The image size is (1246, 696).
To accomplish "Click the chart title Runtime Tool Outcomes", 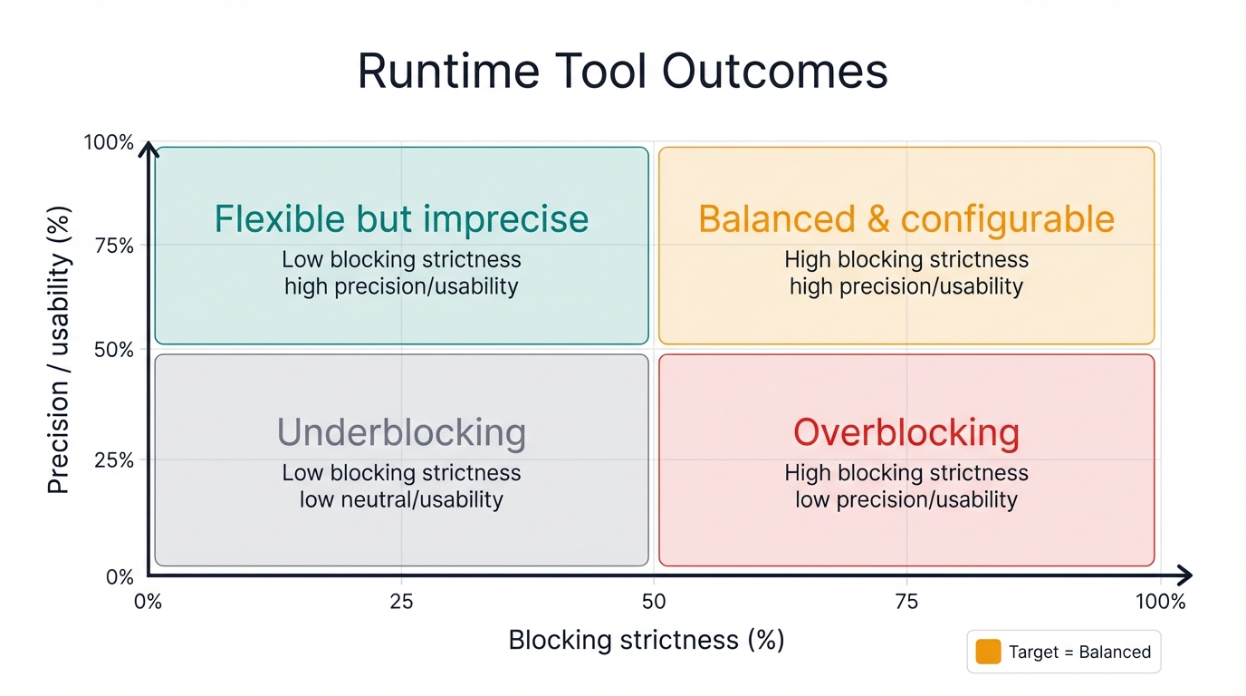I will pyautogui.click(x=623, y=71).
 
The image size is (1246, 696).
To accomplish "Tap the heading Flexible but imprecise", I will pyautogui.click(x=401, y=219).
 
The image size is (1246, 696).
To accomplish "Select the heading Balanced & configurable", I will pyautogui.click(x=906, y=219).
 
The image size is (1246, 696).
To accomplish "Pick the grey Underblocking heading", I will pyautogui.click(x=401, y=432).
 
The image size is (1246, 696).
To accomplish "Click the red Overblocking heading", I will pyautogui.click(x=906, y=432).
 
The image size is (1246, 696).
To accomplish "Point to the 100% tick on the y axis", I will pyautogui.click(x=109, y=143).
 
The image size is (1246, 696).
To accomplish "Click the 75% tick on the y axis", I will pyautogui.click(x=114, y=246).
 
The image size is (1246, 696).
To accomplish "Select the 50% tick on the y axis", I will pyautogui.click(x=114, y=350).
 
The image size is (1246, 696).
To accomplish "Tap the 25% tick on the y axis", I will pyautogui.click(x=114, y=460).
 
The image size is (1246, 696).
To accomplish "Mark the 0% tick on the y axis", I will pyautogui.click(x=119, y=576).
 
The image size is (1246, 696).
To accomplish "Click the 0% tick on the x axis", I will pyautogui.click(x=147, y=602).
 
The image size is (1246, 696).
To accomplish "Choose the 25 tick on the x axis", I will pyautogui.click(x=401, y=602).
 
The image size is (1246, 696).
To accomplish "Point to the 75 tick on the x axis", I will pyautogui.click(x=906, y=602).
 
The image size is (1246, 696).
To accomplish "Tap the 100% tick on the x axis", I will pyautogui.click(x=1159, y=602).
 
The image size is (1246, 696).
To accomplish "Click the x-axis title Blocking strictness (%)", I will pyautogui.click(x=646, y=640).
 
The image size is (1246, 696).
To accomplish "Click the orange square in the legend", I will pyautogui.click(x=988, y=652).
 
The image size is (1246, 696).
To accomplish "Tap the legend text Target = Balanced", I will pyautogui.click(x=1079, y=652).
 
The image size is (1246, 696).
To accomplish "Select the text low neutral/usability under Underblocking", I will pyautogui.click(x=401, y=499).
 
